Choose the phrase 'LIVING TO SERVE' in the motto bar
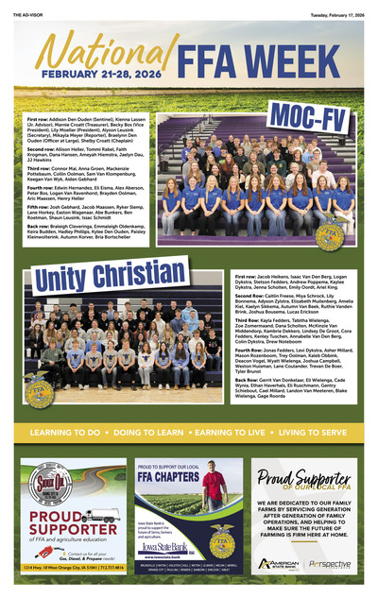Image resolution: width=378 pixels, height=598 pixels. pos(312,432)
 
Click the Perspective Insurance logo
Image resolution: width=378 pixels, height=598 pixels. pos(330,563)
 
